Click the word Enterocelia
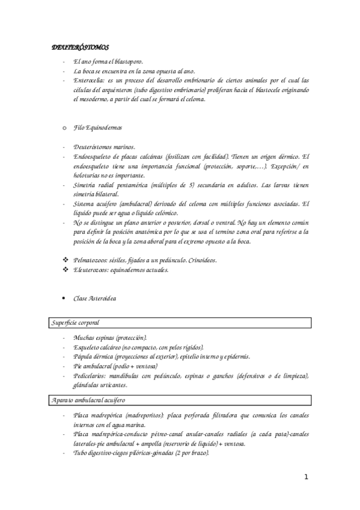[88, 80]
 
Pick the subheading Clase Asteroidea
[94, 298]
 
